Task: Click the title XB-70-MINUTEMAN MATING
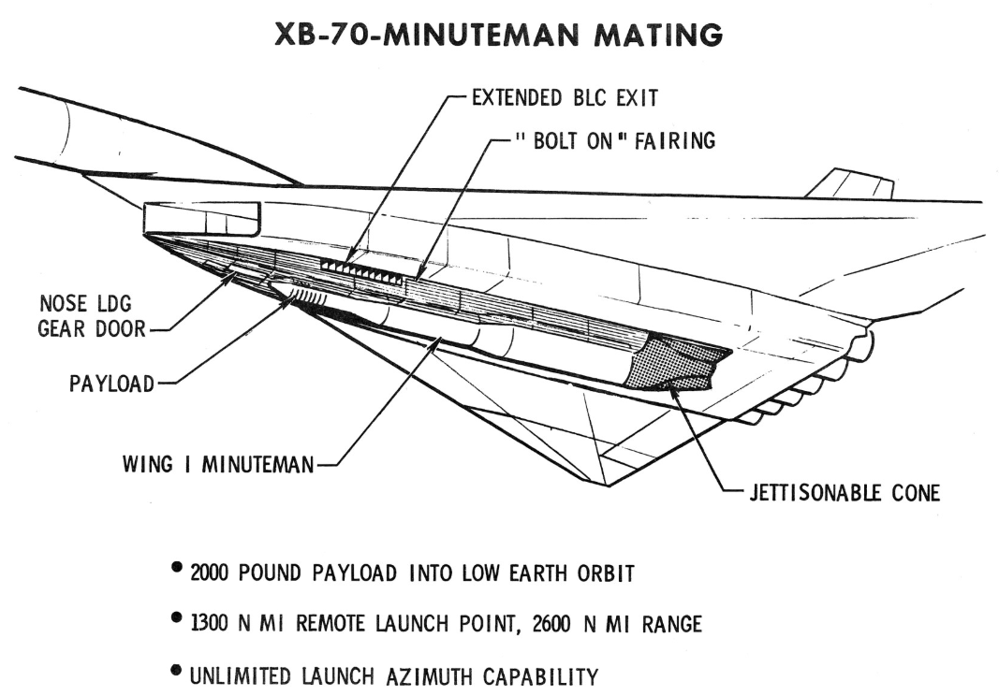(499, 35)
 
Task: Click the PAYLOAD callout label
(111, 384)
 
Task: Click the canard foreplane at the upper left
(200, 217)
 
